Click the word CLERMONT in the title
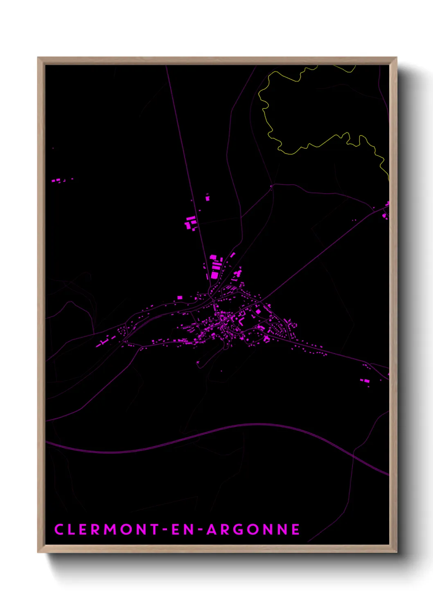coord(106,529)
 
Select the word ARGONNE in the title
coord(253,529)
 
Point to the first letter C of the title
coord(59,529)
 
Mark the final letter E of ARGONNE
coord(295,529)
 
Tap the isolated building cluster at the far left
coord(57,180)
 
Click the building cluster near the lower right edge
coord(365,381)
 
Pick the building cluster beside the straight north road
coord(191,223)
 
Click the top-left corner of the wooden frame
coord(38,58)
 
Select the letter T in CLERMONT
coord(154,529)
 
